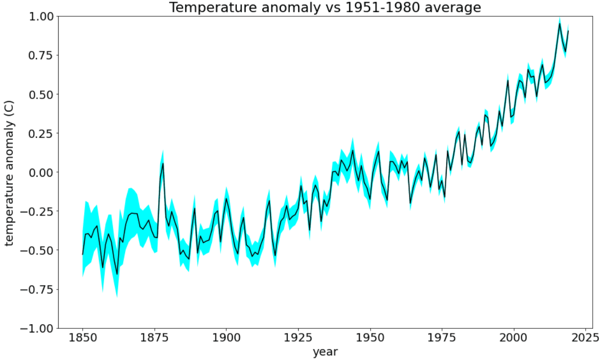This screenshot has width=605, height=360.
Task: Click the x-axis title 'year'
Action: click(325, 351)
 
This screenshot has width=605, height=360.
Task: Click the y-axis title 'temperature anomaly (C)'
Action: click(10, 172)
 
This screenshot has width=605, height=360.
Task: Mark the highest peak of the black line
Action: click(560, 23)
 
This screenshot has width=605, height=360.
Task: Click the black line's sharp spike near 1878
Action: click(163, 163)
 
